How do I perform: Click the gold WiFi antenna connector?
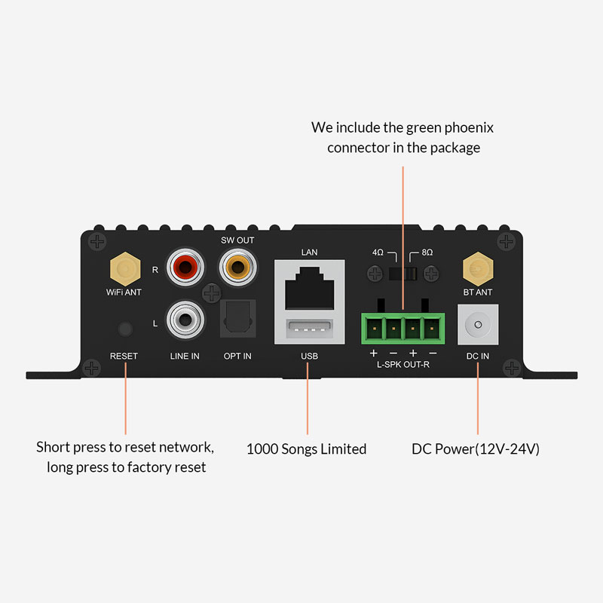125,267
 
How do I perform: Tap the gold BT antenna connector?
477,267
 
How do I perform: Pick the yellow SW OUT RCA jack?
236,268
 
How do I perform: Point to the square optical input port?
237,320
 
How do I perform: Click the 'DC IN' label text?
477,356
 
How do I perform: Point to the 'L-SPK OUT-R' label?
403,365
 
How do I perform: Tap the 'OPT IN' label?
237,356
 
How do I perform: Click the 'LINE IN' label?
184,356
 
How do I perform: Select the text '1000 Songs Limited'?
306,449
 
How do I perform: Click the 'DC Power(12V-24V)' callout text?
476,449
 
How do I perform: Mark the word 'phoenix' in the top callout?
465,127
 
